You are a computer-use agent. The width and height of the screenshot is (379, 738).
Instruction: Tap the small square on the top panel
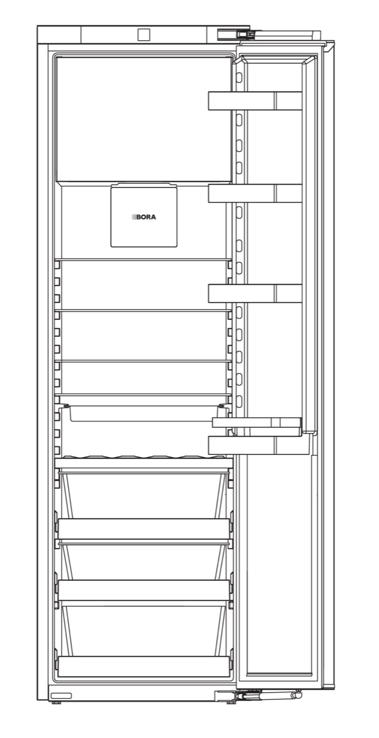tap(143, 34)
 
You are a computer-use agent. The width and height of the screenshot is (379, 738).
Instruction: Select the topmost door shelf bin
tap(255, 101)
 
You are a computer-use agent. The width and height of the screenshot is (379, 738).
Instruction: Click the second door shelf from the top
tap(255, 193)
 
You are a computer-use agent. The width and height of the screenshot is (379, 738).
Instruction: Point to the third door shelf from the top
tap(255, 293)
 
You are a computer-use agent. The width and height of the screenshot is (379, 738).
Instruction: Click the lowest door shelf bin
tap(259, 445)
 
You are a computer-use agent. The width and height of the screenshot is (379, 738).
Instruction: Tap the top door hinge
tap(236, 34)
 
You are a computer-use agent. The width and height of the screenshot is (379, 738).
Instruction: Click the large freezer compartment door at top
tap(144, 119)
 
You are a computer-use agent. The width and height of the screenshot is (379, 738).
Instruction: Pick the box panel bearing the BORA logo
tap(144, 215)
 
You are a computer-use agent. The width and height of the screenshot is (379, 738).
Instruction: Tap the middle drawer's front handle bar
tap(144, 590)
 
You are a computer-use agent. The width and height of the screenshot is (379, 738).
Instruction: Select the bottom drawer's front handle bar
tap(144, 666)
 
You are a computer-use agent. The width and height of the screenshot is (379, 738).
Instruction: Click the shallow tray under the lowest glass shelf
tap(144, 414)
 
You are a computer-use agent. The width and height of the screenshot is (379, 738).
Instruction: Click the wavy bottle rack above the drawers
tap(144, 458)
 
